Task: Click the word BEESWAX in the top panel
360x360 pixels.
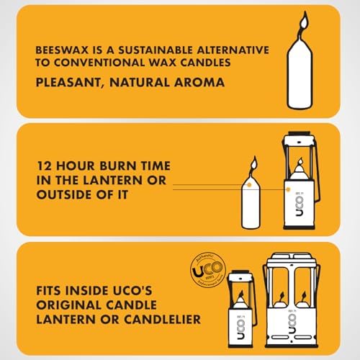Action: (58, 52)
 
